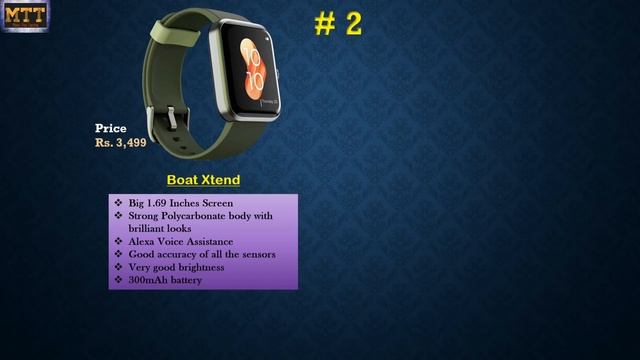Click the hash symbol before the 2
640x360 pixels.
[x=324, y=26]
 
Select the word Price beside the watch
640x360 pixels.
[x=111, y=128]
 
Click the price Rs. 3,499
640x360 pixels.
[x=121, y=143]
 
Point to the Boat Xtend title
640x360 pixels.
[x=203, y=180]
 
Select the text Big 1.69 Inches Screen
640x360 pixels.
[x=181, y=203]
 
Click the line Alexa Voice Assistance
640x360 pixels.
[x=181, y=241]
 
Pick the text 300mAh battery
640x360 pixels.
[x=165, y=280]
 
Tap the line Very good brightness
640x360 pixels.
[x=177, y=267]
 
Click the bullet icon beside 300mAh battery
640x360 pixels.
[x=118, y=280]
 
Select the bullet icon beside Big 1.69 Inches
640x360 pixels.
[x=118, y=203]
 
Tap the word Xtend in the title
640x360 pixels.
[x=219, y=180]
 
